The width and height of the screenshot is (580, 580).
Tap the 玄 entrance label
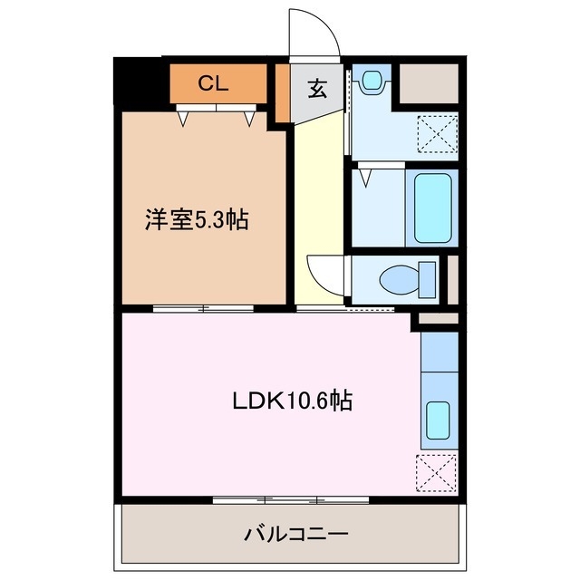pyautogui.click(x=317, y=89)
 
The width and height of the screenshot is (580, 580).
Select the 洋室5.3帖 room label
pyautogui.click(x=197, y=218)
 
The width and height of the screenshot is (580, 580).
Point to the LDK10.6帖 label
pyautogui.click(x=289, y=400)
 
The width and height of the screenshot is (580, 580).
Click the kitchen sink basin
pyautogui.click(x=437, y=419)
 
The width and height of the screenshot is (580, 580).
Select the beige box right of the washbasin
pyautogui.click(x=430, y=84)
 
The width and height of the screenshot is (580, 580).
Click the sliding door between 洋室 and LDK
pyautogui.click(x=203, y=309)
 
